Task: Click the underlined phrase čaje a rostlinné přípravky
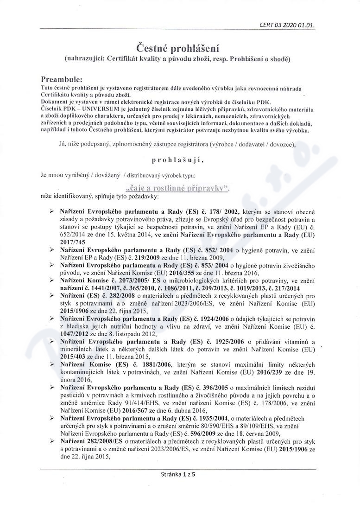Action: pyautogui.click(x=178, y=188)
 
